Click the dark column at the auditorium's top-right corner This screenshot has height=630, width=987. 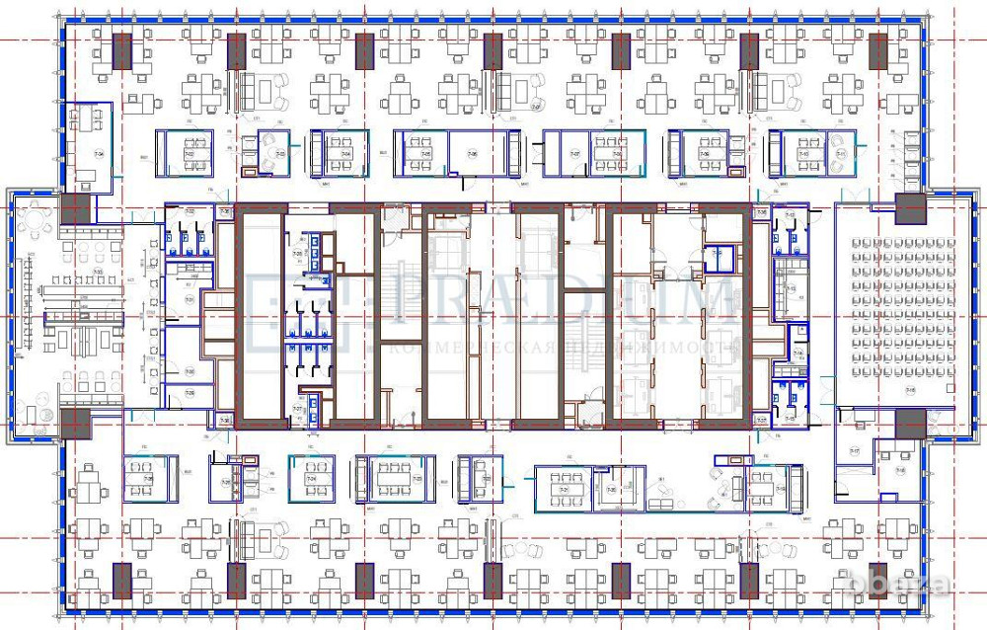pyautogui.click(x=910, y=209)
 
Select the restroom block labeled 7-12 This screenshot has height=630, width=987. pyautogui.click(x=789, y=235)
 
